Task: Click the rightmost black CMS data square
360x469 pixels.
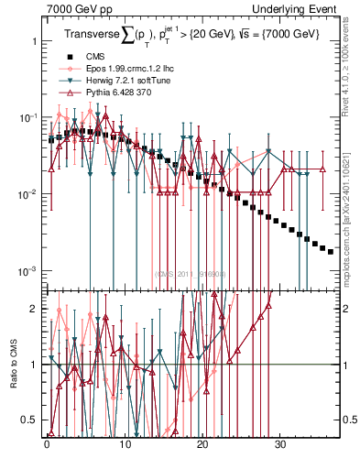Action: (x=331, y=251)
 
